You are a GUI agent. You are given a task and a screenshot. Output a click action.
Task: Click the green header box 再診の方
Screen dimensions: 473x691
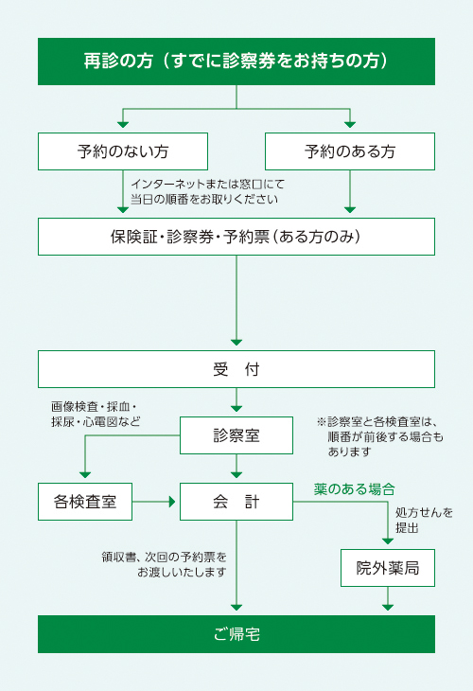[236, 62]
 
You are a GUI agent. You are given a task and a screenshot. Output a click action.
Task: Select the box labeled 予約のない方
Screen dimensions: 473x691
[123, 151]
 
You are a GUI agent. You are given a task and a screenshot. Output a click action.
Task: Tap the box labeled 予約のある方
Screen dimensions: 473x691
[350, 151]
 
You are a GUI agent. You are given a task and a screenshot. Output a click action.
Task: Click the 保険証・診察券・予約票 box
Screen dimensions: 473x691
[236, 237]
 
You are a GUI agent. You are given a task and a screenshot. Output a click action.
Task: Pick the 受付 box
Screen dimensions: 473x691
[236, 369]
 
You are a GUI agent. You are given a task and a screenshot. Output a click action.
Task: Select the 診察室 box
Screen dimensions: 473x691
[236, 435]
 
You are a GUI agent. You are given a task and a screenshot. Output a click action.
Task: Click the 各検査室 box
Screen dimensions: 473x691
[85, 502]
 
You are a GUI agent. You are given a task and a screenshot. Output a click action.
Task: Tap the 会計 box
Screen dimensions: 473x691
[236, 502]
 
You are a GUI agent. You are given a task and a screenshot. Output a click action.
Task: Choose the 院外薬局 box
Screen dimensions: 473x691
[388, 568]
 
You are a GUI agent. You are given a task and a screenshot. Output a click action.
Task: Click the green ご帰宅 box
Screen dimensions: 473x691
[236, 634]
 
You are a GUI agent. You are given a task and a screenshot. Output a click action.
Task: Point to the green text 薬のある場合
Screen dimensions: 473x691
[355, 489]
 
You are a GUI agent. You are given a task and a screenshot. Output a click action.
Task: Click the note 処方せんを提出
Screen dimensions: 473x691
[424, 520]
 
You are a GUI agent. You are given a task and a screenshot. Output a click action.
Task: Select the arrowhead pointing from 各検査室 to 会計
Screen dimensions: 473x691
[172, 502]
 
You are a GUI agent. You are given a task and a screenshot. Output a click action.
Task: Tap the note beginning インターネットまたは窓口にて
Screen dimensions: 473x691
[207, 192]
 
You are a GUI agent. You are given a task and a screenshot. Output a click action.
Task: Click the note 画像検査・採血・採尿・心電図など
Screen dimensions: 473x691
[96, 414]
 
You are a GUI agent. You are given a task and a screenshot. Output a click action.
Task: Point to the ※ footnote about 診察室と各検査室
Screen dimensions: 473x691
[379, 436]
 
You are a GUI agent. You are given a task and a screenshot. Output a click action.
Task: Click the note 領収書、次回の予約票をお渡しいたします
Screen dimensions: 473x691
[164, 564]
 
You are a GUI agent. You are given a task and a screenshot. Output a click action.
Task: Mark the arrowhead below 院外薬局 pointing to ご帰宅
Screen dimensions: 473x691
[388, 608]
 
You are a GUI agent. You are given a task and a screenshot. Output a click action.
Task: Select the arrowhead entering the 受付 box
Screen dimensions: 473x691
[236, 343]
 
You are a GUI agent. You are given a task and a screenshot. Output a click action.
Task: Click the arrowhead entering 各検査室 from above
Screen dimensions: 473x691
[85, 475]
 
